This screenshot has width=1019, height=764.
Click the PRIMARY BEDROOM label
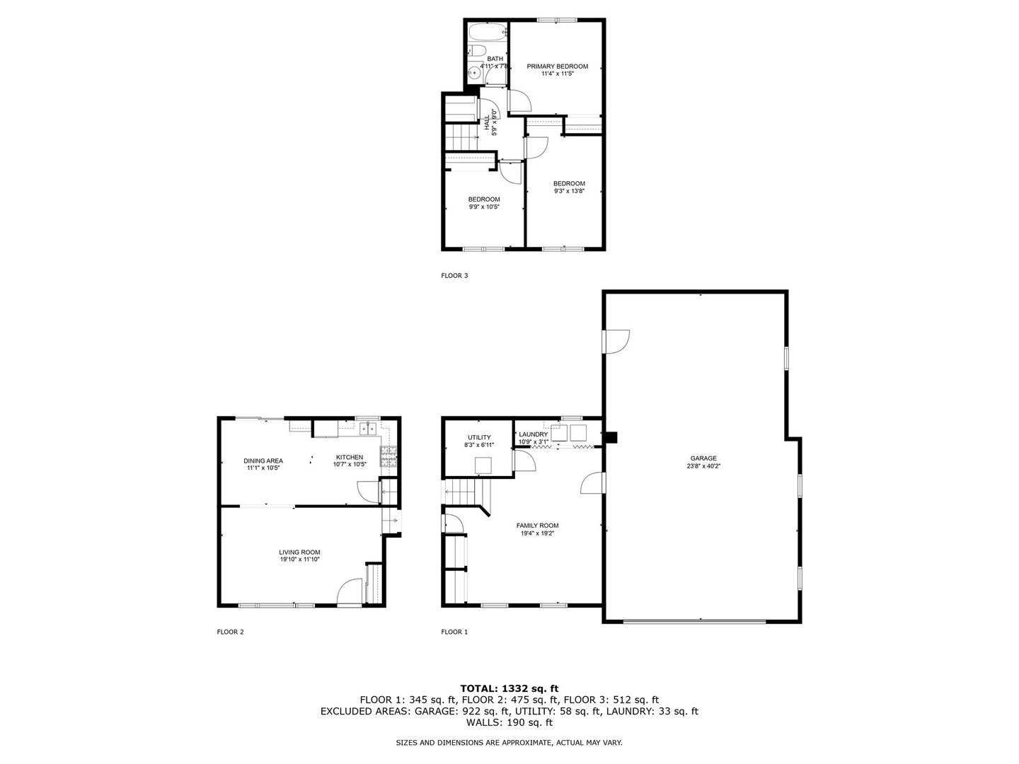557,66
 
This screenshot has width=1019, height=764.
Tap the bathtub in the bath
486,33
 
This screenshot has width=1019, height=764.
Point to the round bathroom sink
474,74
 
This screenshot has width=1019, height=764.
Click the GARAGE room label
703,458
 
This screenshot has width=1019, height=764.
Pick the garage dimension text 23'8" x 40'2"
703,466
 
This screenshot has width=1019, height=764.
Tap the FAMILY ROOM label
537,526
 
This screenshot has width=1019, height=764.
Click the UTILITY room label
479,437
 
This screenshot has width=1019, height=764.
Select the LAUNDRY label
534,434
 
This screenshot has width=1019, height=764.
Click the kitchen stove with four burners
388,456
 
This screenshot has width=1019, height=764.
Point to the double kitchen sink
368,428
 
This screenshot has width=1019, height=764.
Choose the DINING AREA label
263,461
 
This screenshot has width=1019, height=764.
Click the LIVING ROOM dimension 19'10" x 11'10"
299,560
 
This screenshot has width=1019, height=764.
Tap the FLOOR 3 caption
454,276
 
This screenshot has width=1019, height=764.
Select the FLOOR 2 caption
230,632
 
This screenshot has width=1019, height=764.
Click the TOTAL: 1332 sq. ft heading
509,688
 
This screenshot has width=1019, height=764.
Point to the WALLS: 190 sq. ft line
509,722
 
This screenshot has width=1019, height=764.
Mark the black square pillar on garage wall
612,437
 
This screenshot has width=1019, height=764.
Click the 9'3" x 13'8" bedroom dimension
569,191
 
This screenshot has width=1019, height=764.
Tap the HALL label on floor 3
487,122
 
